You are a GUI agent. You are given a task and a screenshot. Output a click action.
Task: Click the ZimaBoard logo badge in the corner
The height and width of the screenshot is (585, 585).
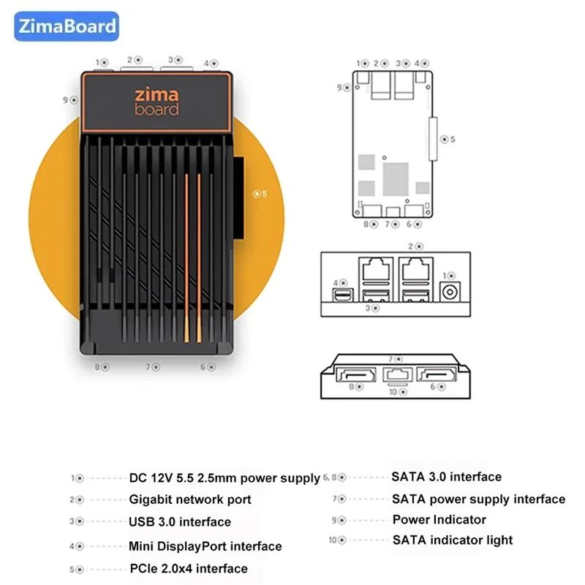coord(65,27)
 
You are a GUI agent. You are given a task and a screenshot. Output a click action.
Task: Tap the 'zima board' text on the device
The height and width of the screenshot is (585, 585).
coord(156,102)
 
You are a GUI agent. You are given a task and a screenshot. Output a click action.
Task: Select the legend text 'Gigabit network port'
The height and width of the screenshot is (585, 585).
coord(190,499)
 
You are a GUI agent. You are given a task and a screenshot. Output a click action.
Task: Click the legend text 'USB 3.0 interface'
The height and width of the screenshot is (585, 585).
coord(180,522)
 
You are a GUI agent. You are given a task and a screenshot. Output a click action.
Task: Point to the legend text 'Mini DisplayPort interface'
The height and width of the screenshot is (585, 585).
coord(205,546)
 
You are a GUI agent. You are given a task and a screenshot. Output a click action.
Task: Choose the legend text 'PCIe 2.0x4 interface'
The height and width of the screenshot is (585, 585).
coord(189,568)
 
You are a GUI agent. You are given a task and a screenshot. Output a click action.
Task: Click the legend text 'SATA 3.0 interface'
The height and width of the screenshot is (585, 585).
coord(446,477)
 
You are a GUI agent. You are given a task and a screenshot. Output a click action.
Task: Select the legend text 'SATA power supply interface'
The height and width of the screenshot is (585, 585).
coord(478,499)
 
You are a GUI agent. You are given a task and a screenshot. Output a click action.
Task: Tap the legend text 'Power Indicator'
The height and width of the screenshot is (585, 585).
coord(439,520)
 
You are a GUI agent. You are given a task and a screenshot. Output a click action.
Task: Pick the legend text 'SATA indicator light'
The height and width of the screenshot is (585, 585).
coord(453,540)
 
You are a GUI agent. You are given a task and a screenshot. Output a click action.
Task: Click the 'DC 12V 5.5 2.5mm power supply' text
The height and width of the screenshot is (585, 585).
coord(224,478)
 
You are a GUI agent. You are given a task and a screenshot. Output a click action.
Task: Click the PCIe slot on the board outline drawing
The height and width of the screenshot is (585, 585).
coord(431,139)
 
